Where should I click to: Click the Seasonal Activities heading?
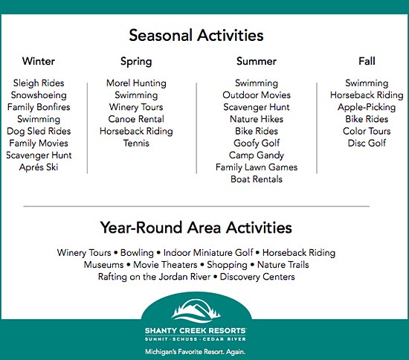(x=196, y=35)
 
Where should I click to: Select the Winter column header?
(x=39, y=61)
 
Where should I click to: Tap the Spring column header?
(x=136, y=62)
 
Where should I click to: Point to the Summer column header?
(x=257, y=61)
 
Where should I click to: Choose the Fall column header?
(x=367, y=61)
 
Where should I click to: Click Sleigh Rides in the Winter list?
(x=39, y=83)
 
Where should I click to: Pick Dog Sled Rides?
(x=39, y=131)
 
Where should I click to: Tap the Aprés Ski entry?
(x=39, y=167)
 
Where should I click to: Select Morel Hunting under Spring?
(x=136, y=83)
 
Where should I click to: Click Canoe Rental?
(x=136, y=119)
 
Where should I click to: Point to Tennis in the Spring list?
(x=136, y=143)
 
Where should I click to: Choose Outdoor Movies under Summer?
(x=257, y=95)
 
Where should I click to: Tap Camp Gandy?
(x=257, y=155)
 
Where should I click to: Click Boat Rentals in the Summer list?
(x=257, y=179)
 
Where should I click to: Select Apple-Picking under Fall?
(x=367, y=107)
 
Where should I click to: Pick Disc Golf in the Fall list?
(x=367, y=143)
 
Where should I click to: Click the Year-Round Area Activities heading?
(x=196, y=228)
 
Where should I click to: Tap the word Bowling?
(x=137, y=253)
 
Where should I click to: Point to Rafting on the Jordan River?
(x=154, y=277)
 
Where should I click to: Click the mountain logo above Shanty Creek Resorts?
(x=196, y=311)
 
